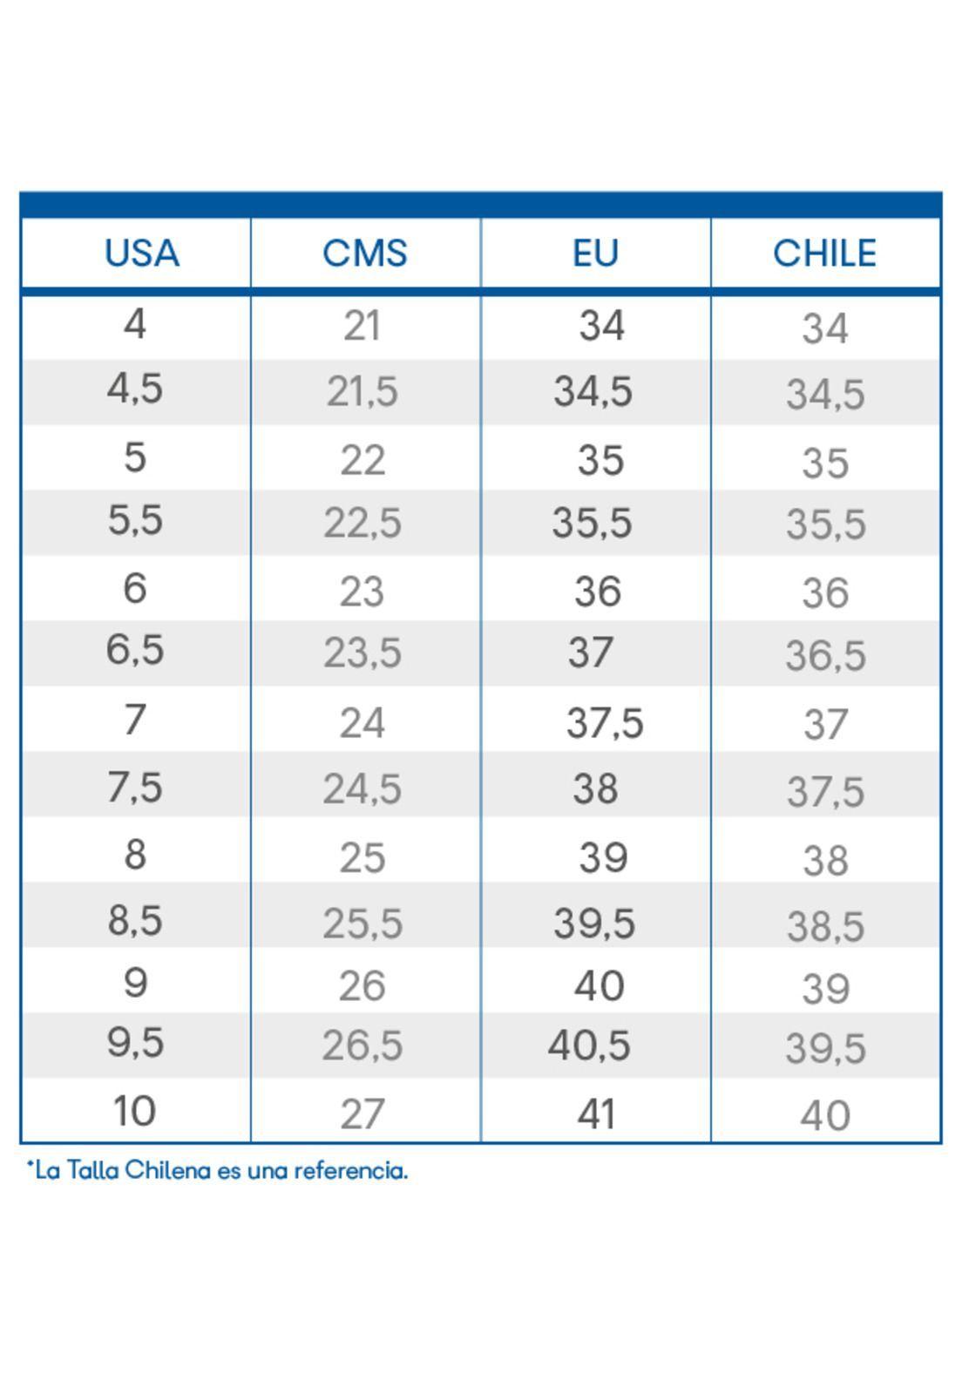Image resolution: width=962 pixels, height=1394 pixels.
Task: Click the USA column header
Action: tap(142, 253)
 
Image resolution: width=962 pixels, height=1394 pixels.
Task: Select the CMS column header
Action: tap(364, 253)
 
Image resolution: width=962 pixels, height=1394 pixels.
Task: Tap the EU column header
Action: tap(595, 253)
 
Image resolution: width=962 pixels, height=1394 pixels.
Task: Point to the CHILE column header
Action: tap(824, 253)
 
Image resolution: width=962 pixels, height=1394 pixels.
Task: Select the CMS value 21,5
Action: tap(362, 392)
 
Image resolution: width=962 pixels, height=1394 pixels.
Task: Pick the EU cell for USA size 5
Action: tap(600, 460)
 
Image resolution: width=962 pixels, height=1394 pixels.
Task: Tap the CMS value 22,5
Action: tap(362, 523)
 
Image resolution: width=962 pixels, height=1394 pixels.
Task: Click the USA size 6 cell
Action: tap(135, 588)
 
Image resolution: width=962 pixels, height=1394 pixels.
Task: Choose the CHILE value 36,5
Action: tap(825, 655)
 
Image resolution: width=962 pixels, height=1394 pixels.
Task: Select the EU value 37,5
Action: tap(604, 723)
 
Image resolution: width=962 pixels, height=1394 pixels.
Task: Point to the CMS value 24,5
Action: tap(362, 789)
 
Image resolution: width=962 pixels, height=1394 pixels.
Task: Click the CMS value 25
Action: tap(362, 857)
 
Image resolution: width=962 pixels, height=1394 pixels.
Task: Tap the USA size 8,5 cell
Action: tap(135, 920)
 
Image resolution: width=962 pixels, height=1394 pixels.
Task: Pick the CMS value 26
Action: tap(362, 985)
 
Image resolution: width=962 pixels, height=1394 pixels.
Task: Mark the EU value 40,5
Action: tap(589, 1045)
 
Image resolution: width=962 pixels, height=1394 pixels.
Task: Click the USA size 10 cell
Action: tap(134, 1111)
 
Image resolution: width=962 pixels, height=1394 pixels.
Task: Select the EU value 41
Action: tap(595, 1114)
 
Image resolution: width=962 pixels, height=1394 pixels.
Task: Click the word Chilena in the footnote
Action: tap(168, 1171)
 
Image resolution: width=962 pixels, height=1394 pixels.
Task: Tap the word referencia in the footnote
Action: tap(351, 1171)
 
